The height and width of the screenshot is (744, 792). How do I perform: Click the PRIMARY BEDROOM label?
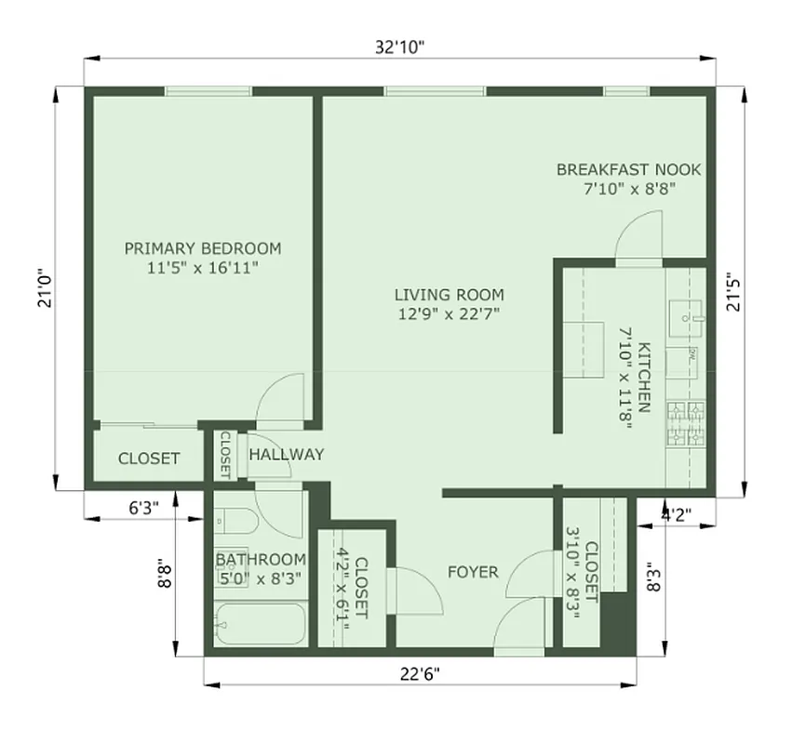coord(203,248)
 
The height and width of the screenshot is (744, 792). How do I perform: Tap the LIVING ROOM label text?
coord(448,295)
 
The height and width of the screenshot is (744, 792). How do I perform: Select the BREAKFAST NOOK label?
coord(628,169)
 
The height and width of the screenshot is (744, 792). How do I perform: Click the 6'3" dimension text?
coord(143,508)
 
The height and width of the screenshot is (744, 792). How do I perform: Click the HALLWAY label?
coord(287,455)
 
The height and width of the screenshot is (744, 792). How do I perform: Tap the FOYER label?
coord(472,571)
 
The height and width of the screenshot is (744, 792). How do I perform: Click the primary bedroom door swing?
coord(282,397)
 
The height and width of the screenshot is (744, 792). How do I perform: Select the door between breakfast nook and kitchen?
coord(638,237)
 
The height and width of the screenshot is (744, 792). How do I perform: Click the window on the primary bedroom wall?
coord(208,90)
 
